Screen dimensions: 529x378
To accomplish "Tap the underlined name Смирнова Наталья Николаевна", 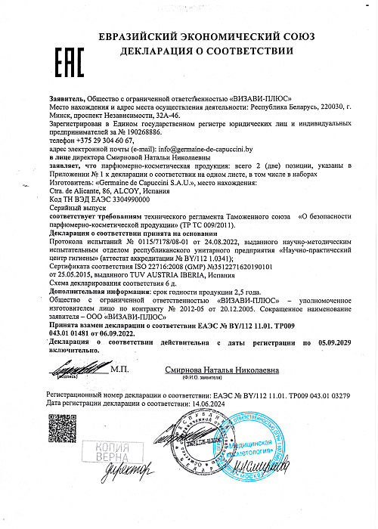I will click(222, 370).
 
